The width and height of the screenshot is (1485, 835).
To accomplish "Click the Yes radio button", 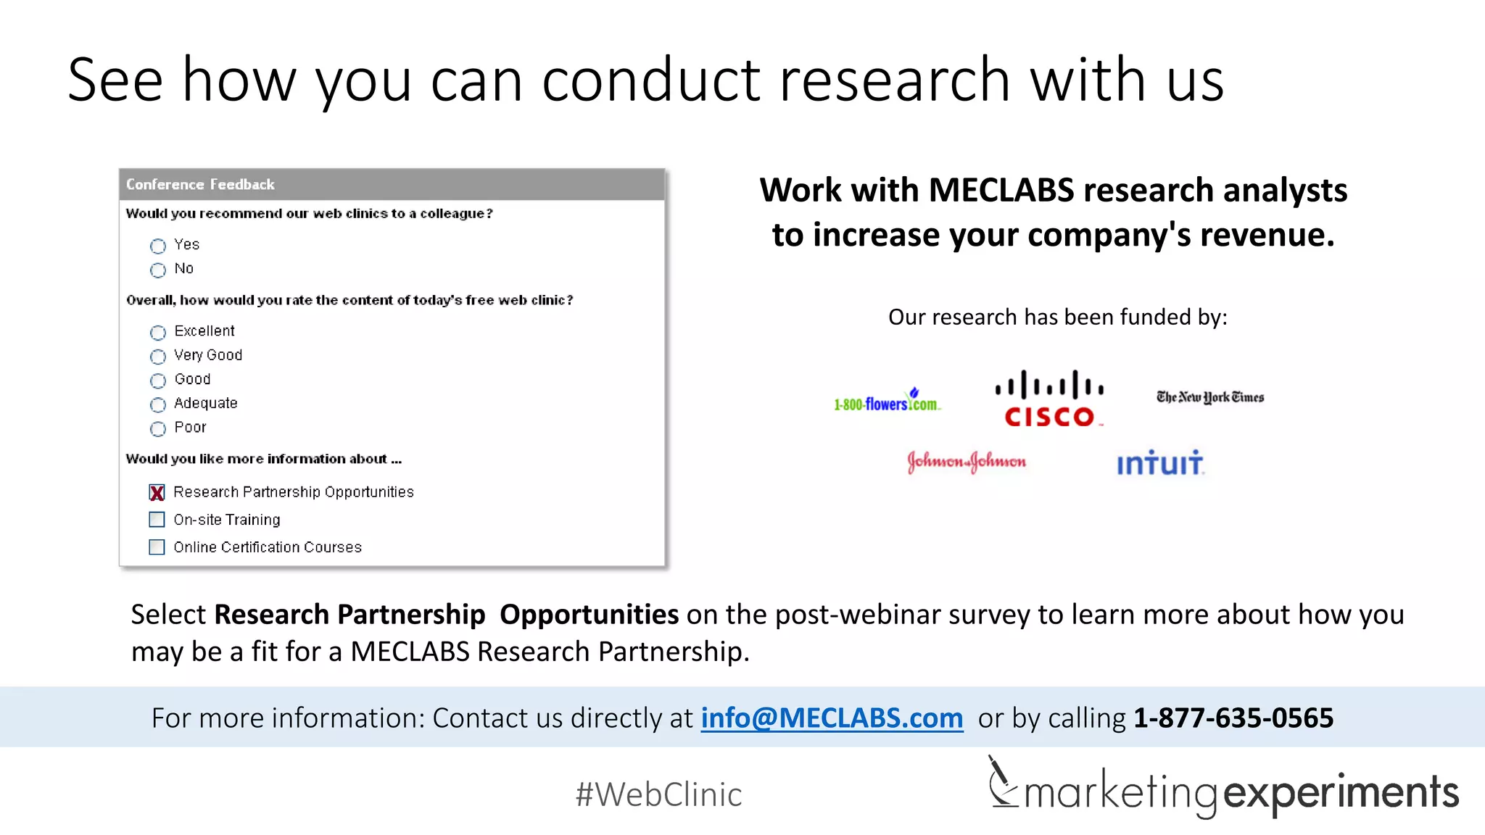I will click(x=158, y=246).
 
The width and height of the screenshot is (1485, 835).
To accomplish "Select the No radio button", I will click(x=158, y=270).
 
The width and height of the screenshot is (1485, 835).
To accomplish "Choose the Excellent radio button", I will click(x=158, y=333).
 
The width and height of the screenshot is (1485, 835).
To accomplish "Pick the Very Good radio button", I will click(x=158, y=357).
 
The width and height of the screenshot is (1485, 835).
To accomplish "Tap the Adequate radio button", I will click(x=158, y=404).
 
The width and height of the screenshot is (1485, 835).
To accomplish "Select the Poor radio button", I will click(x=158, y=429).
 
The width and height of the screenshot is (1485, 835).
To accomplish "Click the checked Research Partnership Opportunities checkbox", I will click(x=157, y=493).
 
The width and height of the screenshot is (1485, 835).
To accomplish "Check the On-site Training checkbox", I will click(x=157, y=520).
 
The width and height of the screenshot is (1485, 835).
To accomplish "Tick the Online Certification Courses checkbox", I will click(x=157, y=547).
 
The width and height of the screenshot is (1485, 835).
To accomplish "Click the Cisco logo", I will click(x=1049, y=398).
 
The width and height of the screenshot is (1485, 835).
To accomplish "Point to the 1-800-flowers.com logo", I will click(x=887, y=401).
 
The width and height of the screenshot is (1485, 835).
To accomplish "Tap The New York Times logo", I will click(x=1210, y=397).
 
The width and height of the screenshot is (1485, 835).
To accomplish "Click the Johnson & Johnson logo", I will click(x=967, y=462).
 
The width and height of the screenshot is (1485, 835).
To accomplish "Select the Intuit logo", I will click(x=1160, y=462).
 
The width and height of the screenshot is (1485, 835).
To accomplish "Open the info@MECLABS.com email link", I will click(x=832, y=718).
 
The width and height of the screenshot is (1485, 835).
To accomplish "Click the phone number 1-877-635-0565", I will click(x=1233, y=718).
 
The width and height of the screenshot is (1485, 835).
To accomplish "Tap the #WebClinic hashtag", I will click(x=658, y=794).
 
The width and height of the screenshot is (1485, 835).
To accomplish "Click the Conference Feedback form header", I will click(x=392, y=184).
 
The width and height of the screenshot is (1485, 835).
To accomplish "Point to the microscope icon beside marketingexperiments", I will click(x=1002, y=783).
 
